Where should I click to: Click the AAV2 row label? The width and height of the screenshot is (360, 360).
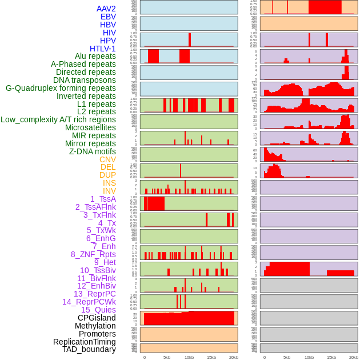106,9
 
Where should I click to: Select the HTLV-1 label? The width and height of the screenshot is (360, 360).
103,49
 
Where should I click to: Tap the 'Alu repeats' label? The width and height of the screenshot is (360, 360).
95,56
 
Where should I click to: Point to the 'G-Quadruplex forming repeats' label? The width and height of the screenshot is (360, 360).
61,88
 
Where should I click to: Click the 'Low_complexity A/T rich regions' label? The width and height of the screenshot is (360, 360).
58,119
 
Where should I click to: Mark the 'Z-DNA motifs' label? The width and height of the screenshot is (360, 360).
93,151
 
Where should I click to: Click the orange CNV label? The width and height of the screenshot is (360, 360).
107,159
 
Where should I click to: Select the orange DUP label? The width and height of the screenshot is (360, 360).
107,175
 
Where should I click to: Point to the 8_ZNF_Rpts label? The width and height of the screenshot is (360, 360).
93,254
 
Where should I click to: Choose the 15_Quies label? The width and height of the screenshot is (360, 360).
98,310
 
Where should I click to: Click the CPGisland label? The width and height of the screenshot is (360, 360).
97,318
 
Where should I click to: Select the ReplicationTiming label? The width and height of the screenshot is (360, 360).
85,342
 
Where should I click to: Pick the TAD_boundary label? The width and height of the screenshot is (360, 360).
89,349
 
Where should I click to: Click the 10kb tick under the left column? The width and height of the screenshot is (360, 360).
189,357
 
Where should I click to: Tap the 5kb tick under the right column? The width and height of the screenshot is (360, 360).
287,357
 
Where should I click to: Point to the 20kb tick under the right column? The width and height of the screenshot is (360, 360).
353,357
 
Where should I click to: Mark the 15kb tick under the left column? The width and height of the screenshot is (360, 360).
211,357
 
